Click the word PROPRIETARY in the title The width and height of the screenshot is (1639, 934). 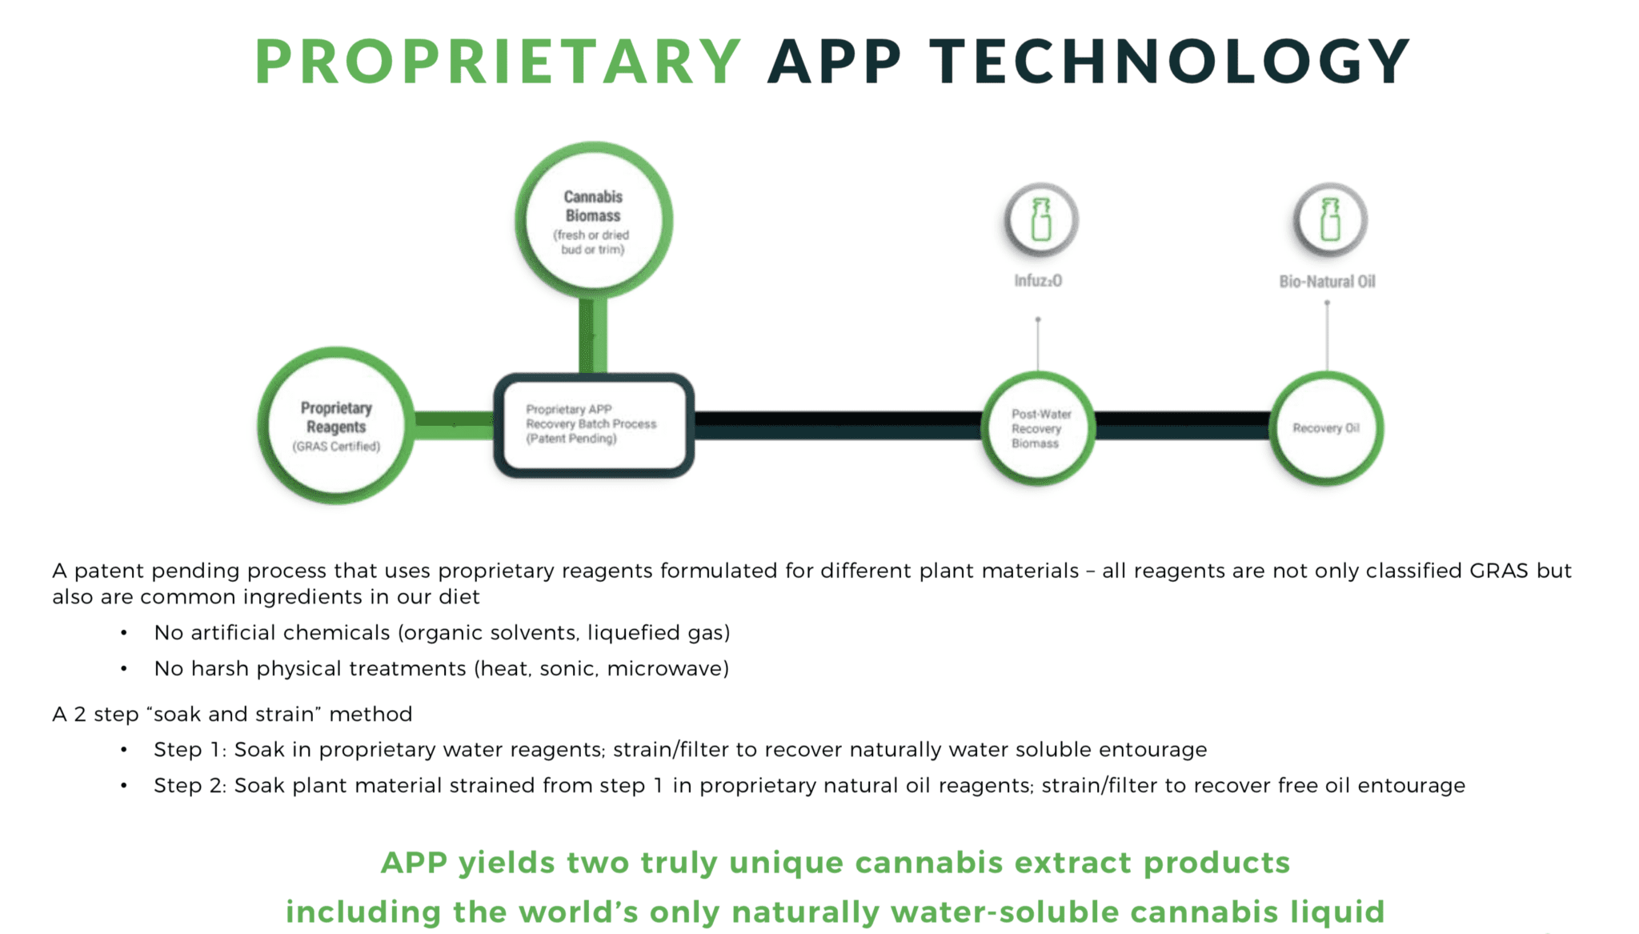click(x=498, y=61)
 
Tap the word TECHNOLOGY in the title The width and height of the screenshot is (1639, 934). click(x=1169, y=61)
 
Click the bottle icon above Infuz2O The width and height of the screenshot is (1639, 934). click(x=1041, y=219)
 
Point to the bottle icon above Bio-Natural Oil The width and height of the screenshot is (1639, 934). click(x=1330, y=219)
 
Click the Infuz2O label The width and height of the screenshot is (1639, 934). click(x=1038, y=281)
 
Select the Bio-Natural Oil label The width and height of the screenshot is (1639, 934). click(x=1327, y=282)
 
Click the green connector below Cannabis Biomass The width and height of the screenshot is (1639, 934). click(x=593, y=336)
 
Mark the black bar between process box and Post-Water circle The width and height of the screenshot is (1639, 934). click(x=838, y=425)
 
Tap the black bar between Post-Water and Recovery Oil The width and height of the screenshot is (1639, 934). click(x=1182, y=425)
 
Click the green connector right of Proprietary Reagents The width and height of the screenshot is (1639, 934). click(x=455, y=425)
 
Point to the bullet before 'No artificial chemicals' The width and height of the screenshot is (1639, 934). click(x=124, y=633)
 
